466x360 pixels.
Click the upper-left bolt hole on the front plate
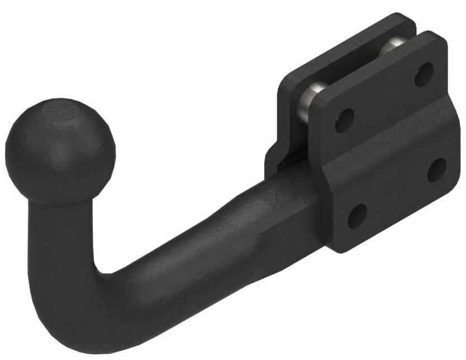(x=344, y=120)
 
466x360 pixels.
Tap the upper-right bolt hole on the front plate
(x=424, y=74)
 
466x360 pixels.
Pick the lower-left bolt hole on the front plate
(x=357, y=216)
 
